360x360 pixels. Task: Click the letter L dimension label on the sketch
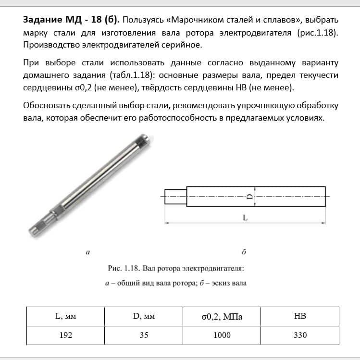coord(245,218)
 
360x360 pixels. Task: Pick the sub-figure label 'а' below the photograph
coord(87,251)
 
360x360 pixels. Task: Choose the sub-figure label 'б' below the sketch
coord(244,251)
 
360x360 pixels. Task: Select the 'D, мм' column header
coord(144,316)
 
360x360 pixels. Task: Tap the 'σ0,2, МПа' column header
coord(222,317)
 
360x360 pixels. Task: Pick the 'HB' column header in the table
coord(300,316)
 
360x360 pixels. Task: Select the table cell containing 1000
coord(222,335)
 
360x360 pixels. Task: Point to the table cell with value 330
coord(300,335)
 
